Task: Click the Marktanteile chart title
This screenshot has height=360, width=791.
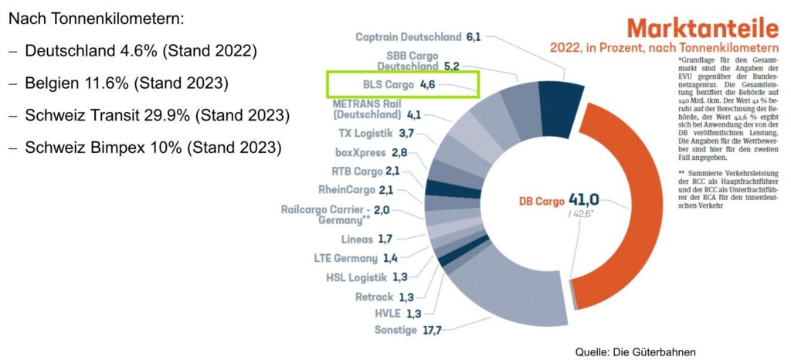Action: pos(702,28)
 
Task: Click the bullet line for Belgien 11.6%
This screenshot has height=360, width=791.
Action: pos(127,83)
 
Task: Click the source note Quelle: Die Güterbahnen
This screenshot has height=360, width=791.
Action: pos(636,352)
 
